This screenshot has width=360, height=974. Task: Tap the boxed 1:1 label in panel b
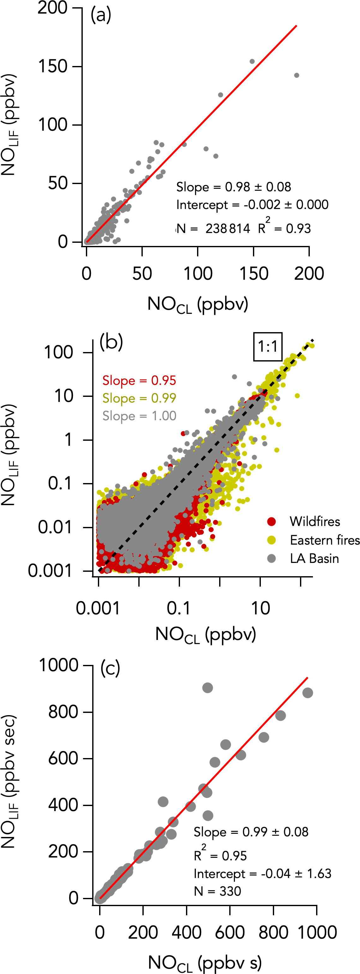[268, 346]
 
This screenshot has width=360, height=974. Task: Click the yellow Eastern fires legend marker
[272, 540]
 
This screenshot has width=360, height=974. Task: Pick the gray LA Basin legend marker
[272, 559]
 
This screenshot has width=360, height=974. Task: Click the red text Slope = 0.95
[139, 380]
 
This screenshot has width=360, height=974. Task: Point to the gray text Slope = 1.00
[139, 416]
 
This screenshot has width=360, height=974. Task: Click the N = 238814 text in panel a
[214, 228]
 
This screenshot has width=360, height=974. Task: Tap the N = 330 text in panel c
[218, 891]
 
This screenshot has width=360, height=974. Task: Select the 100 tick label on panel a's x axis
[198, 273]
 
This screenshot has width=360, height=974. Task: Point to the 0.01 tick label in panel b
[55, 527]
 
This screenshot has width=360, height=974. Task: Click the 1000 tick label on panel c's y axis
[59, 664]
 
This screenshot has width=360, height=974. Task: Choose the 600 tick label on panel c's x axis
[230, 932]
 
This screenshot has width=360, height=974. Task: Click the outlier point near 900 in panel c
[207, 688]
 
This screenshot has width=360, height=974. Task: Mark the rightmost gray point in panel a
[297, 75]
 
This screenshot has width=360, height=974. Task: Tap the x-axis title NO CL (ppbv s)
[205, 962]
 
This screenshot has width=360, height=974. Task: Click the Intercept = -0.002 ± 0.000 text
[252, 205]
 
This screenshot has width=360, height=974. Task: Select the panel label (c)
[110, 668]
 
